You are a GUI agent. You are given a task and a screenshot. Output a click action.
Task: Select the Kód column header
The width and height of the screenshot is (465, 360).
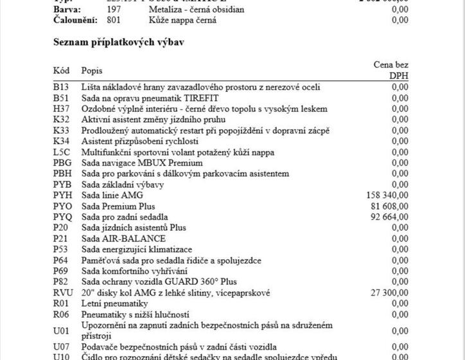tap(61, 69)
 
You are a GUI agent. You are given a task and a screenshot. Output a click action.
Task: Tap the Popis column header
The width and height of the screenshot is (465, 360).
tap(92, 69)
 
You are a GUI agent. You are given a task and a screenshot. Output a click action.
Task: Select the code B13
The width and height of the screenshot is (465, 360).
tap(60, 87)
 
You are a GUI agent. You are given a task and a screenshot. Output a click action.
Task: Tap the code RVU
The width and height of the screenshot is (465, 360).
tap(63, 292)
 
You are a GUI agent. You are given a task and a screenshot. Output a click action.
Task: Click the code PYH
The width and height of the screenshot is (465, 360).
tap(63, 195)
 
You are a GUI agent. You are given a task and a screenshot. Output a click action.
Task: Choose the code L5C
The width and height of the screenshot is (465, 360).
tap(62, 152)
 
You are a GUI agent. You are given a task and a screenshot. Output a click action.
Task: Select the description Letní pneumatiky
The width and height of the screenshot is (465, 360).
tap(114, 303)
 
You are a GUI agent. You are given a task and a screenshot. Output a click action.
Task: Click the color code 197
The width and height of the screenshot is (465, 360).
tap(114, 9)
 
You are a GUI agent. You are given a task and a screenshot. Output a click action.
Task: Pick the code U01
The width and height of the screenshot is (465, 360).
tap(61, 330)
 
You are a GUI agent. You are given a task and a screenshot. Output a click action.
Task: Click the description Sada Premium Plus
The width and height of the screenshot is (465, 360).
tap(118, 206)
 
